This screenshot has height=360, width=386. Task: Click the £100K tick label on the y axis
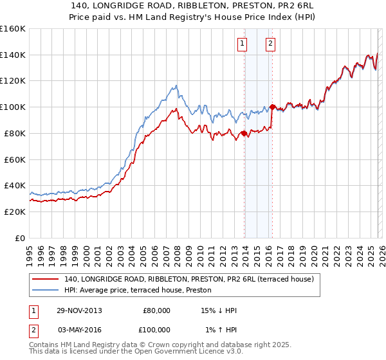click(x=13, y=107)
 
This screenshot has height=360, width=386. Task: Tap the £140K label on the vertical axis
click(x=13, y=55)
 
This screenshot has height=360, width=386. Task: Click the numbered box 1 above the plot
click(x=243, y=44)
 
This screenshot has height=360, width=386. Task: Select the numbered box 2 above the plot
click(x=270, y=44)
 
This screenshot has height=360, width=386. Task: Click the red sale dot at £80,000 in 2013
click(x=244, y=133)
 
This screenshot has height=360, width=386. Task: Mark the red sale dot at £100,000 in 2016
click(x=272, y=107)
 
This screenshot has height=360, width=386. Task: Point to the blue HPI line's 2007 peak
click(x=175, y=85)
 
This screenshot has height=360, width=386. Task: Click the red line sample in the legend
click(x=46, y=279)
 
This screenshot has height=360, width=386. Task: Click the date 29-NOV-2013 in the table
click(x=80, y=310)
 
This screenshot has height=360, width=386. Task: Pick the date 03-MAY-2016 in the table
click(x=80, y=329)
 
